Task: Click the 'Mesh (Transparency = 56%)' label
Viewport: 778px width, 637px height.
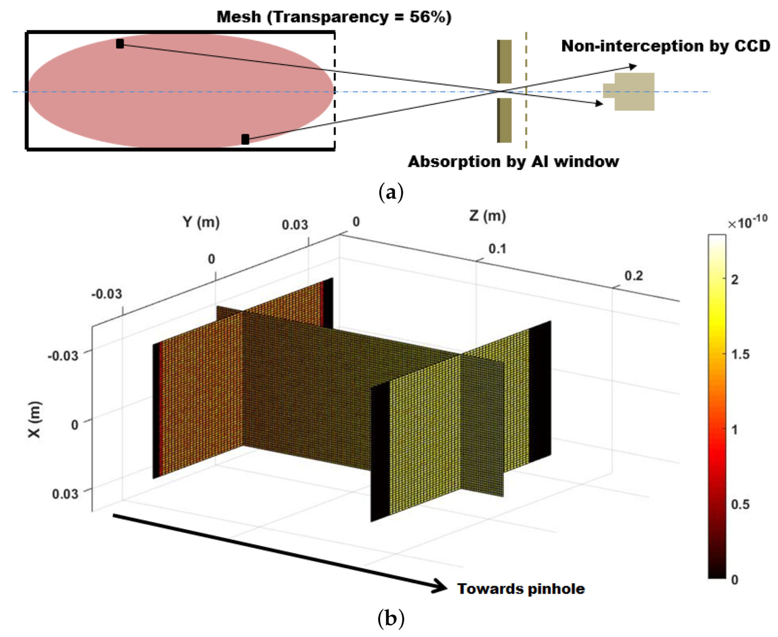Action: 333,17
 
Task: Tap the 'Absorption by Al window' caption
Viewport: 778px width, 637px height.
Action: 513,162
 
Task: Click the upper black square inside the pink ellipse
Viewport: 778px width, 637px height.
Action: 120,43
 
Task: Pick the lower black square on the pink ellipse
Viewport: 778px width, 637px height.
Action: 245,139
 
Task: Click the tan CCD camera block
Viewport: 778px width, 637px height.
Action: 633,92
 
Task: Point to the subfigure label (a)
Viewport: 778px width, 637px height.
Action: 391,192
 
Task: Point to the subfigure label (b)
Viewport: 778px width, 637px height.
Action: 391,619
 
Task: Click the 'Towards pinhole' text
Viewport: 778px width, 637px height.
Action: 521,589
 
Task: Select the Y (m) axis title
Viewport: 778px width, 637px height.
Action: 201,222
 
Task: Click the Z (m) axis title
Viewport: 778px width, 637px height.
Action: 487,216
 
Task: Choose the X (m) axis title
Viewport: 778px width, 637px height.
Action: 35,419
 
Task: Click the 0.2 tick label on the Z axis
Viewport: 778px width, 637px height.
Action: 633,276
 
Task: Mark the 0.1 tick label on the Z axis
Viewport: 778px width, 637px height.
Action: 497,249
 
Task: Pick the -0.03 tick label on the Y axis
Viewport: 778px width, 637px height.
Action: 106,294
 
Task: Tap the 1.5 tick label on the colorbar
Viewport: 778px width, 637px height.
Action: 740,354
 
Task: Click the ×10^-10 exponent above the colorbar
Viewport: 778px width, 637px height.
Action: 747,222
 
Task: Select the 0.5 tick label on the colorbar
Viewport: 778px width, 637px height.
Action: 740,505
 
